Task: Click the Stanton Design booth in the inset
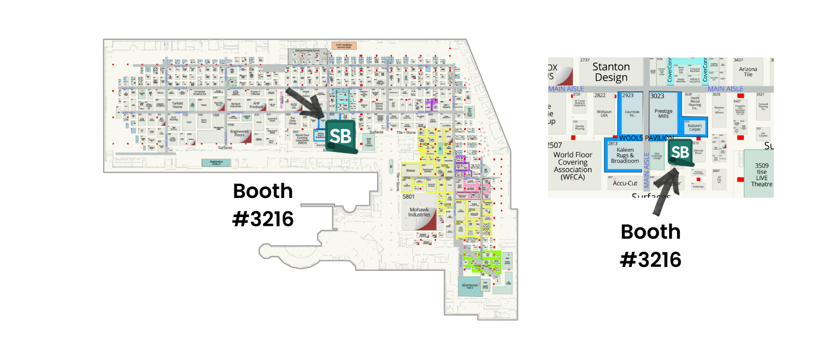[611, 72]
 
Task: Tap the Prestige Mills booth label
[663, 114]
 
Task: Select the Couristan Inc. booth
[632, 114]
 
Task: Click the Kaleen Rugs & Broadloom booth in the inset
[625, 155]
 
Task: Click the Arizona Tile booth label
[748, 72]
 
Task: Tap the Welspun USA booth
[604, 114]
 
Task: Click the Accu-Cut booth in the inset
[625, 183]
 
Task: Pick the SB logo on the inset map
[680, 152]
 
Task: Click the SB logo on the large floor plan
[341, 136]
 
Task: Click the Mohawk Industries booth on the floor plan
[419, 212]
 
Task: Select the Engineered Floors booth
[239, 133]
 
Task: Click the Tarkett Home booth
[177, 105]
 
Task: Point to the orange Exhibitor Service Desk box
[344, 46]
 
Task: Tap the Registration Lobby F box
[216, 163]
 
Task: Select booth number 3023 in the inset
[657, 96]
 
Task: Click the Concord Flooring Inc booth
[763, 106]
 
